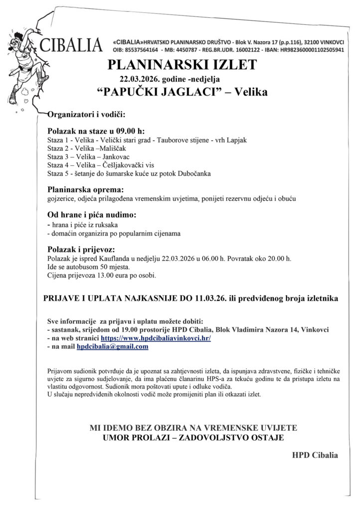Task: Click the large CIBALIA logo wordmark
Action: point(73,45)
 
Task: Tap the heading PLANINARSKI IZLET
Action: point(182,65)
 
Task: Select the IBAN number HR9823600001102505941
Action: point(308,50)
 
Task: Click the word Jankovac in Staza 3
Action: point(115,157)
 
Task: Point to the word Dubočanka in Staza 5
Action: point(194,174)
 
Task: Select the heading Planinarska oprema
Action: point(85,190)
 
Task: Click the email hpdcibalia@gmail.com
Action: point(112,347)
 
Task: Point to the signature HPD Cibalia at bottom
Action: point(315,455)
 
